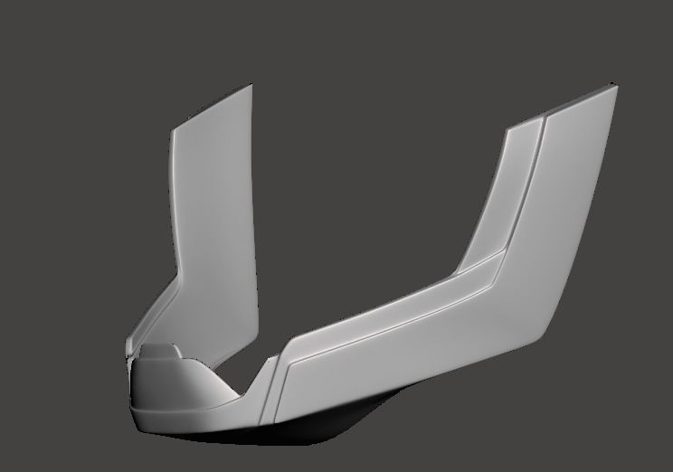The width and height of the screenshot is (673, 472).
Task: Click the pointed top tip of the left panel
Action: point(250,86)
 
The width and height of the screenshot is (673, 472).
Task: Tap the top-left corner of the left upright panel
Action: point(173,129)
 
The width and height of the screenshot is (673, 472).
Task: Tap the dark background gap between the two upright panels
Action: point(362,226)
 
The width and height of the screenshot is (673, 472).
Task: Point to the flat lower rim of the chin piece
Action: point(190,420)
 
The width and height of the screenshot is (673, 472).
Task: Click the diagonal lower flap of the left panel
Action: point(158,312)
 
